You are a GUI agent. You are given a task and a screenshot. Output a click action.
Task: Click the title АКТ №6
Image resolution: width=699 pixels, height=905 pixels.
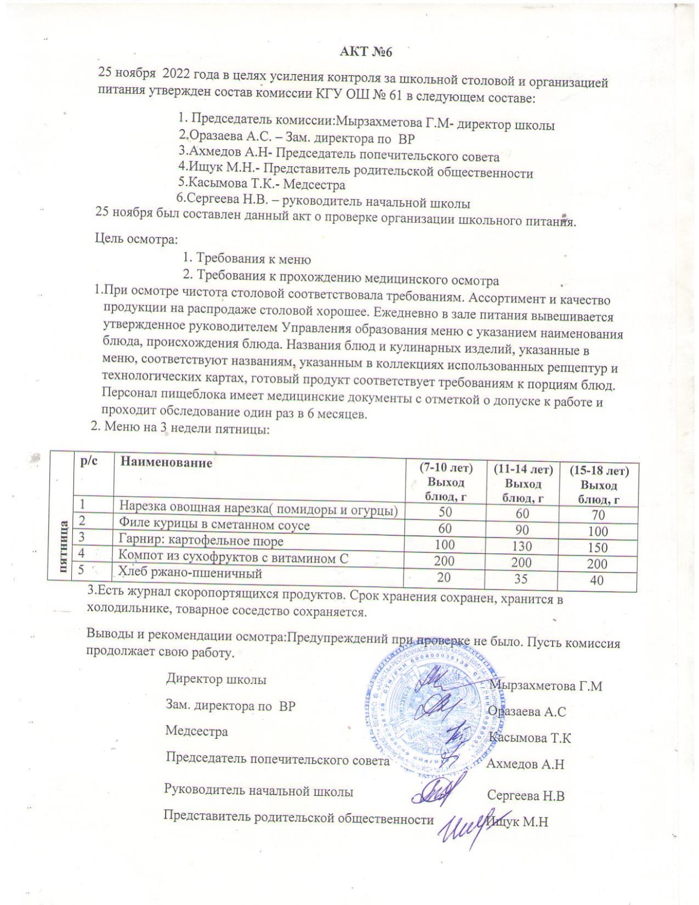point(365,52)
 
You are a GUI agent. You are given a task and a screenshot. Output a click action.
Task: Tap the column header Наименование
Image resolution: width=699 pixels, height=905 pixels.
point(165,463)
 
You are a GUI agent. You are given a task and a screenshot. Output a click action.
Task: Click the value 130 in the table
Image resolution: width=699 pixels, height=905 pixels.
point(521,546)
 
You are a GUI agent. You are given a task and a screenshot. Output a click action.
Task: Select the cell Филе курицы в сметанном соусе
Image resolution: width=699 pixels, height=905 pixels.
point(214,525)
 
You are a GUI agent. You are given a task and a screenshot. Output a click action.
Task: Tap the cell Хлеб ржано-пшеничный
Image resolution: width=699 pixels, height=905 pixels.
point(190,573)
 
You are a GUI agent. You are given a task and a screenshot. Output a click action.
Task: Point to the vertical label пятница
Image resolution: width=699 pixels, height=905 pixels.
point(62,546)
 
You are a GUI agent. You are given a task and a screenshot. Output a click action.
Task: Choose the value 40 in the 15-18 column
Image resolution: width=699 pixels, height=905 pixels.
point(597,580)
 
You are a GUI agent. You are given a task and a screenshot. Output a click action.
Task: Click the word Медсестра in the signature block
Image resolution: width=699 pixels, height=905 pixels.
point(196,731)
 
